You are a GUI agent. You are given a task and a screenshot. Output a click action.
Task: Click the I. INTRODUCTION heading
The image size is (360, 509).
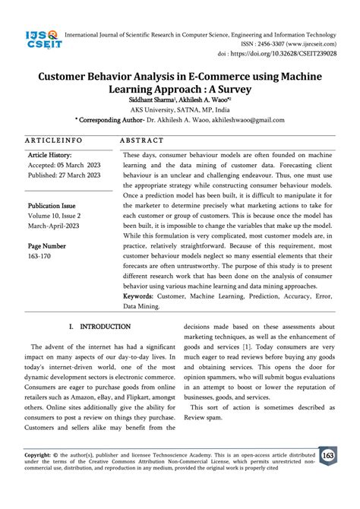[99, 305]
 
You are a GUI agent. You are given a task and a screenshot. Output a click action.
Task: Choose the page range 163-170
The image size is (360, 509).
[41, 257]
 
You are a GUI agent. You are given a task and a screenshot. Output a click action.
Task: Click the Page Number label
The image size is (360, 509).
[47, 246]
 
